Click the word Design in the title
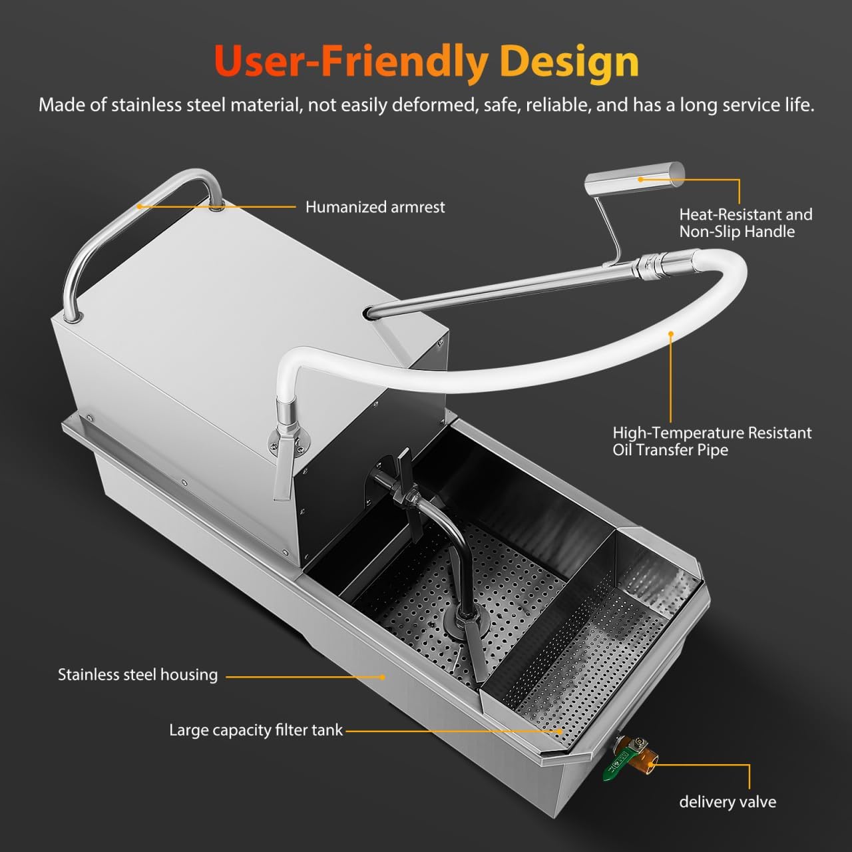[x=569, y=61]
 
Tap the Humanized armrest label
[x=375, y=207]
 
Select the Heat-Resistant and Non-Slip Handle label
[x=745, y=223]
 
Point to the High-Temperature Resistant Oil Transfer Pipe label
[x=712, y=441]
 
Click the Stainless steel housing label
[x=138, y=675]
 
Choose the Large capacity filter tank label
[x=256, y=730]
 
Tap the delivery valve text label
[x=727, y=802]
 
